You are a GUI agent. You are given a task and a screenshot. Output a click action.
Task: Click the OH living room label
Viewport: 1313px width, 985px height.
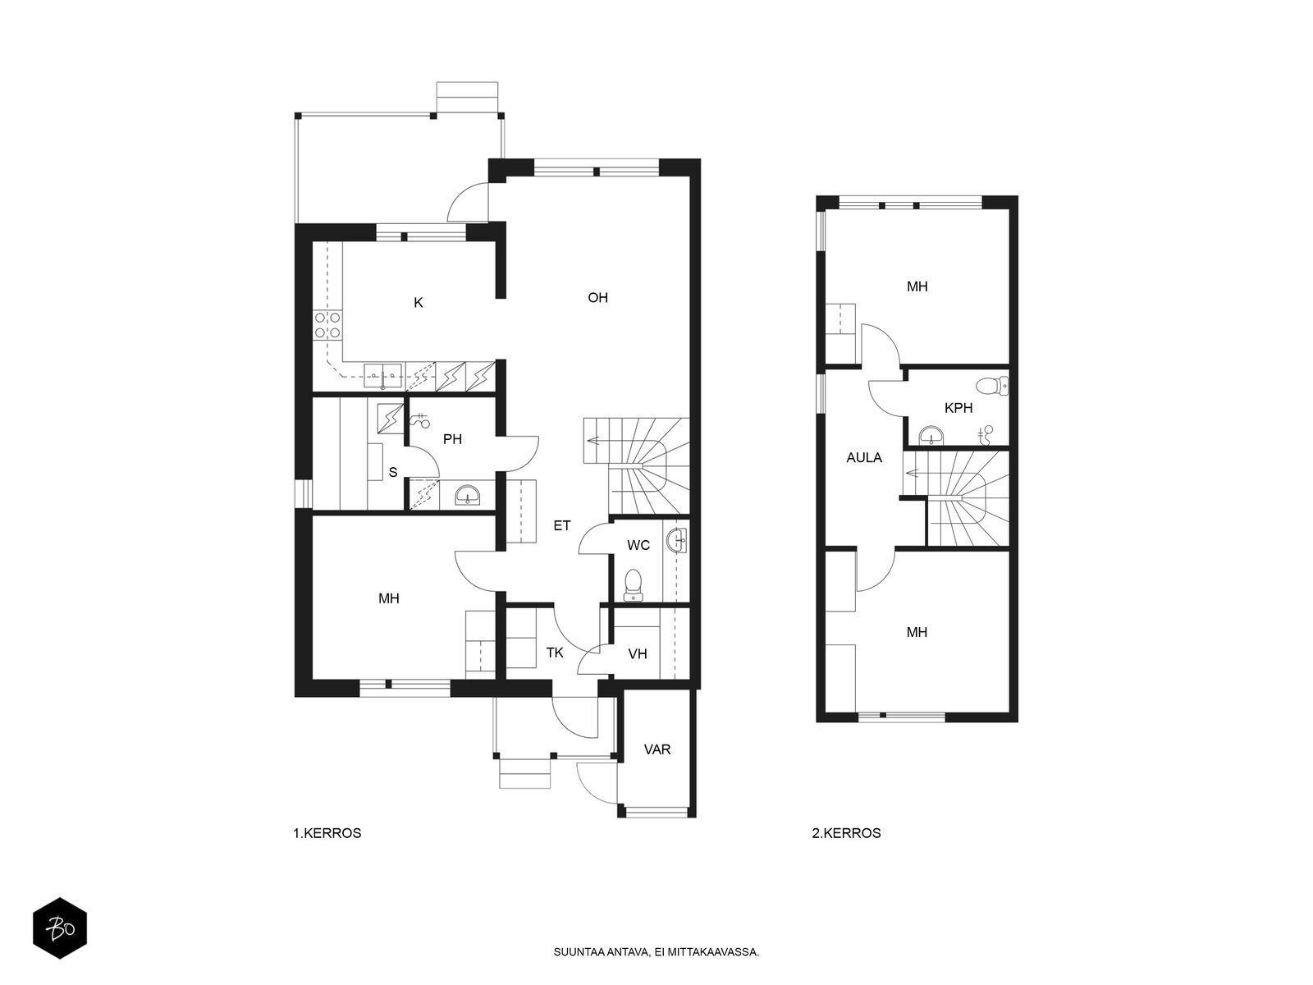coord(597,298)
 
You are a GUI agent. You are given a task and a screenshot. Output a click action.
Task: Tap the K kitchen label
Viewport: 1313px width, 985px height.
coord(419,303)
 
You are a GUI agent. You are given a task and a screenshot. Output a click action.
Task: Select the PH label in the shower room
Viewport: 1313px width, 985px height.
coord(452,440)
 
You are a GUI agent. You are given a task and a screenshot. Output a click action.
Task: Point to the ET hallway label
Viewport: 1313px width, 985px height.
coord(561,525)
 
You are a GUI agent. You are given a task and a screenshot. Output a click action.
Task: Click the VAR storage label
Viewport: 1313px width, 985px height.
coord(656,749)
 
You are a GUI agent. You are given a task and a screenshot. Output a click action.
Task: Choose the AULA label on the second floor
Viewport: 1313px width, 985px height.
coord(864,458)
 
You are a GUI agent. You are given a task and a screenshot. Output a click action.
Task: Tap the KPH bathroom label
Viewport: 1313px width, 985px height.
coord(958,409)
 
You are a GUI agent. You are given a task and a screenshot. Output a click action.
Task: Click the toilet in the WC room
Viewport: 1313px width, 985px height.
coord(633,585)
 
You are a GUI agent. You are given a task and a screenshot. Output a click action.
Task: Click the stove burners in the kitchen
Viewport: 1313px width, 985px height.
coord(327,325)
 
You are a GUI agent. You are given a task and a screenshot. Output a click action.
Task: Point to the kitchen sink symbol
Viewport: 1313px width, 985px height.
coord(382,376)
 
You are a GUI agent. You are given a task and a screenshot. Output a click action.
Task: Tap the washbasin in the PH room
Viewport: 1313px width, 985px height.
coord(467,495)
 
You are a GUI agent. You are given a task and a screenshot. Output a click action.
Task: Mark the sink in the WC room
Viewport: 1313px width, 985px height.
coord(676,541)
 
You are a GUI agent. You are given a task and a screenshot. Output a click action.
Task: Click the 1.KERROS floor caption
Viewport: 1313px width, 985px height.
coord(327,833)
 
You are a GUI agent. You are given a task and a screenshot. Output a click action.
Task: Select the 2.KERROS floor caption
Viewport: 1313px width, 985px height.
coord(846,833)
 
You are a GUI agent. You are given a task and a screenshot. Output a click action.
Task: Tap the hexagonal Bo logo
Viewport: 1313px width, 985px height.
coord(60,928)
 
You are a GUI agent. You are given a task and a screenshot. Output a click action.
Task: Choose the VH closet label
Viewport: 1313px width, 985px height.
coord(638,654)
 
